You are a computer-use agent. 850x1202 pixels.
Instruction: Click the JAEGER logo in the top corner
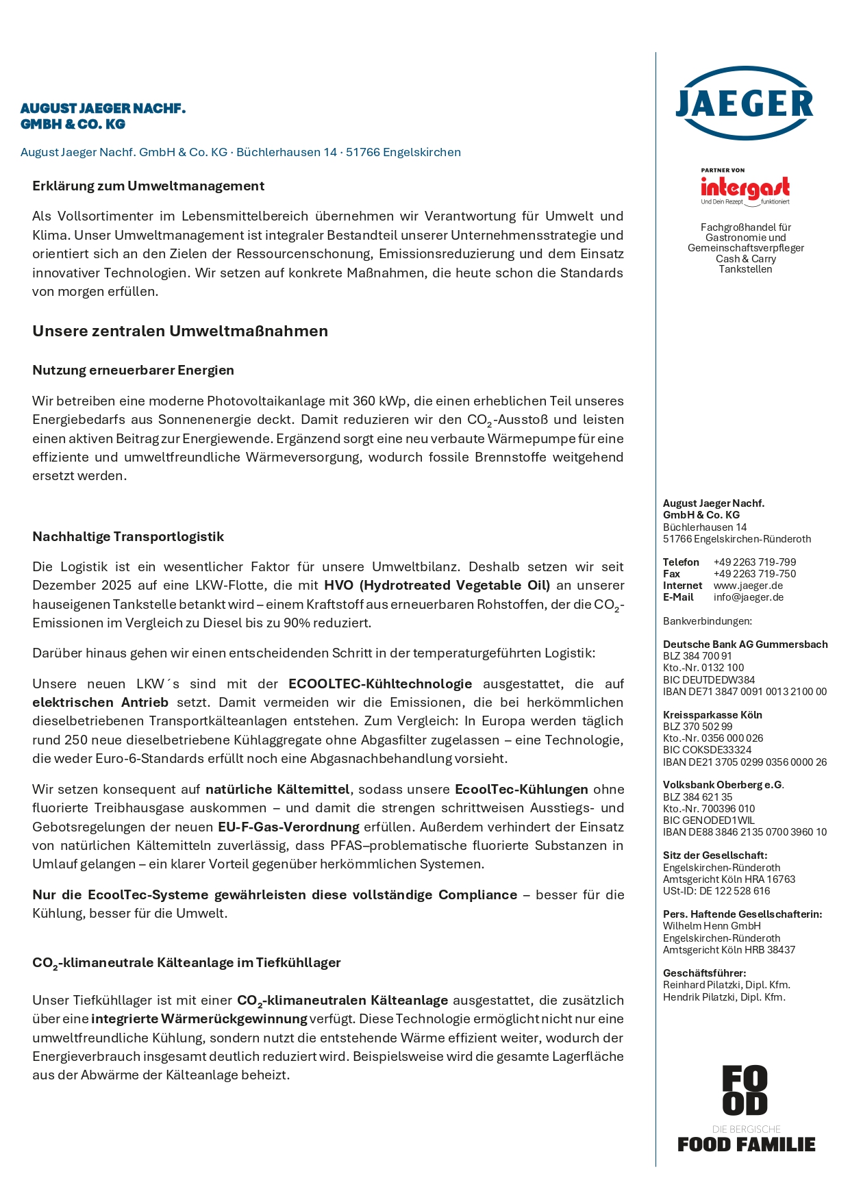(x=745, y=103)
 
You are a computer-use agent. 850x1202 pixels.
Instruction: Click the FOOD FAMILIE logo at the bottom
(x=746, y=1108)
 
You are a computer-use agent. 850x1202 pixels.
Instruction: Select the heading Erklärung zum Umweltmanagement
(x=148, y=186)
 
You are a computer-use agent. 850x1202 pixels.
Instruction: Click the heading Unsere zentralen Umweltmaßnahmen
(x=180, y=331)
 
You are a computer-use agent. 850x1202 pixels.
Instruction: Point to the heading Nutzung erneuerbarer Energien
(x=133, y=371)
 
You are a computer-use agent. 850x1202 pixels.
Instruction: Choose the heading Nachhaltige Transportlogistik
(x=128, y=537)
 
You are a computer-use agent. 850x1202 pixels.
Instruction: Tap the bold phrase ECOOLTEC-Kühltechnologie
(x=380, y=684)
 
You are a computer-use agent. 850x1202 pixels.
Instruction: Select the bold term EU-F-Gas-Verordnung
(x=288, y=827)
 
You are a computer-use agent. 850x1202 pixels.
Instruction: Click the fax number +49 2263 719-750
(x=755, y=574)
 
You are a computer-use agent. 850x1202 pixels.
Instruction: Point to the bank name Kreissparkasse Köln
(x=712, y=715)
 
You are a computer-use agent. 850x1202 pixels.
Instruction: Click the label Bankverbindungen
(x=707, y=621)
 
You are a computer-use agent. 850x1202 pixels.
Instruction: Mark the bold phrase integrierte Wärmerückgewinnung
(x=199, y=1019)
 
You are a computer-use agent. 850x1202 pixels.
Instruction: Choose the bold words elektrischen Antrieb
(x=100, y=703)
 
